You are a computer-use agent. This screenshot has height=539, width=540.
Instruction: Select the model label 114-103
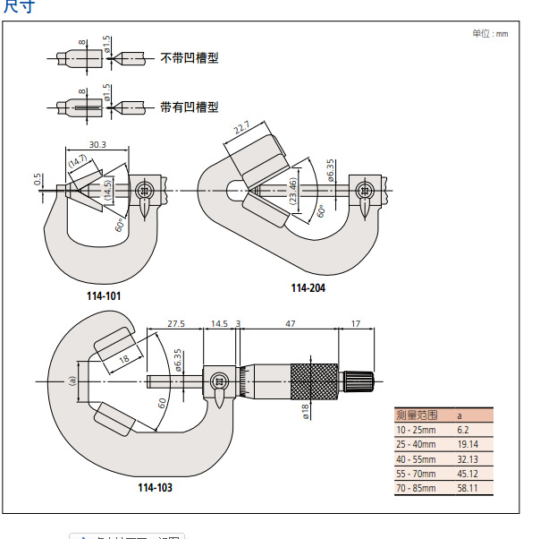(155, 487)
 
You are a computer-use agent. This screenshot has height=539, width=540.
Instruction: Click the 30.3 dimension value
(97, 144)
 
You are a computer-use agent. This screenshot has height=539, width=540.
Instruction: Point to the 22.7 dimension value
(241, 130)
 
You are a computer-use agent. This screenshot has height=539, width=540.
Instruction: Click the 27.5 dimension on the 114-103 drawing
(175, 323)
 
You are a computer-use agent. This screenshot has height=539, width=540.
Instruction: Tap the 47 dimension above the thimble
(290, 323)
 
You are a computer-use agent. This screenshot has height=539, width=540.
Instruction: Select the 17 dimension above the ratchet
(356, 323)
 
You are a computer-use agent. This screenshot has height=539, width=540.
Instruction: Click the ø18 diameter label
(305, 411)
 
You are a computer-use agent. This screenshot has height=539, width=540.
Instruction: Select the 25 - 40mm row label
(417, 444)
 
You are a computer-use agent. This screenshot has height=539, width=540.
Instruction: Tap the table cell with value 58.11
(467, 488)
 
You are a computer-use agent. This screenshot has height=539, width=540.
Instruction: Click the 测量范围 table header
(417, 415)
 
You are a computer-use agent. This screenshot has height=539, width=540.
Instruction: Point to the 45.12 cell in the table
(467, 474)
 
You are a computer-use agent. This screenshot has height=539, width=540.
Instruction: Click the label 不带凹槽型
(190, 57)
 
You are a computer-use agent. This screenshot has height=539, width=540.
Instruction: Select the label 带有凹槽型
(190, 107)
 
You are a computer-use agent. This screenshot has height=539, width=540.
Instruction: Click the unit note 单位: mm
(490, 33)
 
